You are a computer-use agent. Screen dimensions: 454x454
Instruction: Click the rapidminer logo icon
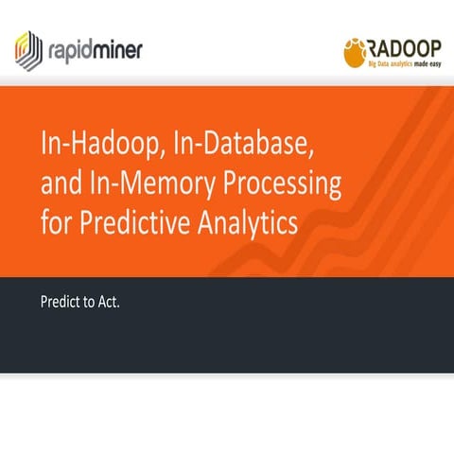point(29,46)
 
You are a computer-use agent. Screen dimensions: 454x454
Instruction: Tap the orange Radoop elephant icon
point(356,53)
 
